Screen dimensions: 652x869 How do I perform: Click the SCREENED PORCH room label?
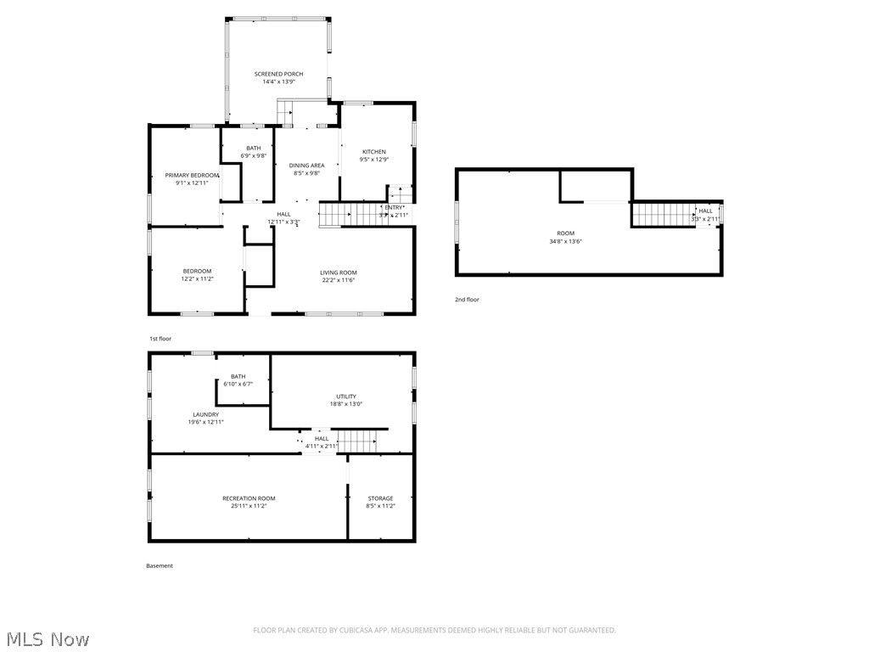pyautogui.click(x=278, y=74)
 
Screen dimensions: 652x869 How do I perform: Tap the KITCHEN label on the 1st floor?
pyautogui.click(x=373, y=152)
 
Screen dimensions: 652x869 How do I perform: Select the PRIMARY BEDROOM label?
pyautogui.click(x=192, y=175)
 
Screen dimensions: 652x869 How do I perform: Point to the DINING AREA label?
pyautogui.click(x=306, y=166)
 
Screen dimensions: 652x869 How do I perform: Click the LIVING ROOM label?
pyautogui.click(x=338, y=273)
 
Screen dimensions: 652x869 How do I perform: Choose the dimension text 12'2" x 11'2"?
pyautogui.click(x=197, y=278)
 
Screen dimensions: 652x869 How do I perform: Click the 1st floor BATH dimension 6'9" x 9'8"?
pyautogui.click(x=254, y=155)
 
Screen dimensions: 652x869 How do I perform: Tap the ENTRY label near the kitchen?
pyautogui.click(x=394, y=207)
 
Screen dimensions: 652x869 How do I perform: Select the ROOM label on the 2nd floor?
pyautogui.click(x=565, y=233)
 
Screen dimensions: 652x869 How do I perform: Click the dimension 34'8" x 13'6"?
pyautogui.click(x=565, y=241)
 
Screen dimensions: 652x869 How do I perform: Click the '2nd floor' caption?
pyautogui.click(x=467, y=300)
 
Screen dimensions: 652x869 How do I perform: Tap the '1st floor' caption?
pyautogui.click(x=160, y=339)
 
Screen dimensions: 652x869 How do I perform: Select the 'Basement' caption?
pyautogui.click(x=159, y=566)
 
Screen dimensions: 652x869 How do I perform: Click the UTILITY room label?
pyautogui.click(x=346, y=396)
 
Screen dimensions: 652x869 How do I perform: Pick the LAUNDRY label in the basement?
pyautogui.click(x=205, y=414)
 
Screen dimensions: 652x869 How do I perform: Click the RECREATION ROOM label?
pyautogui.click(x=249, y=498)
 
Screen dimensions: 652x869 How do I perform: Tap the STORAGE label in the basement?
pyautogui.click(x=380, y=498)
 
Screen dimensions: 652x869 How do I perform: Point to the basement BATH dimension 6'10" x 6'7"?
pyautogui.click(x=238, y=384)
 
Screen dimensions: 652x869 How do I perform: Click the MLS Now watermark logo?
pyautogui.click(x=47, y=638)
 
